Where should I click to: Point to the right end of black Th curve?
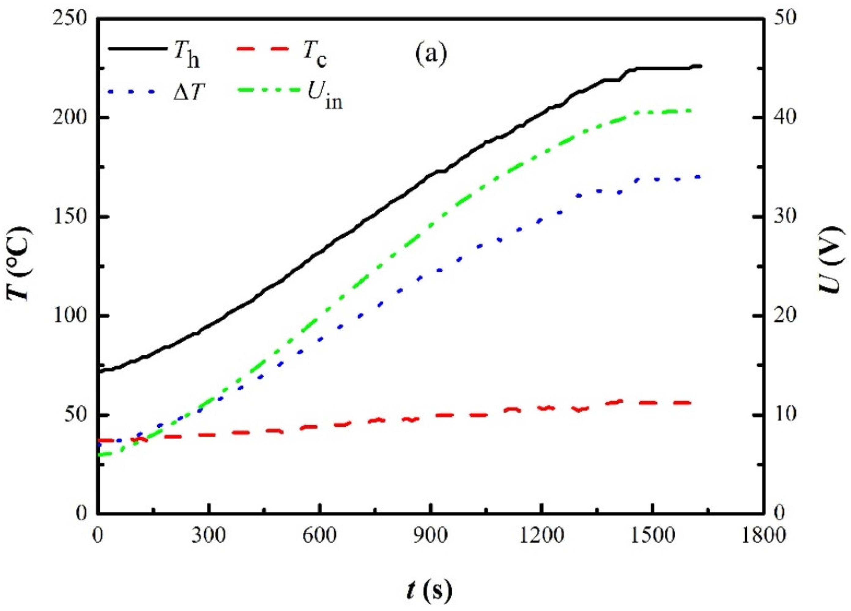tap(700, 66)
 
